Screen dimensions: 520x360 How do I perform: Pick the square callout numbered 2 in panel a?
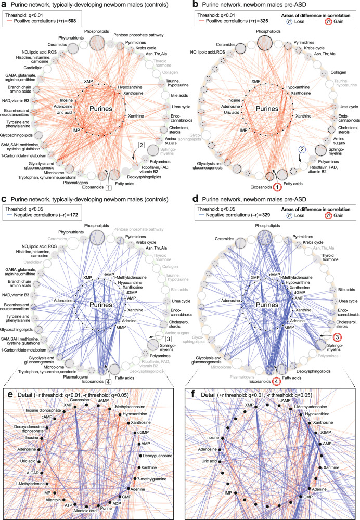click(140, 145)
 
